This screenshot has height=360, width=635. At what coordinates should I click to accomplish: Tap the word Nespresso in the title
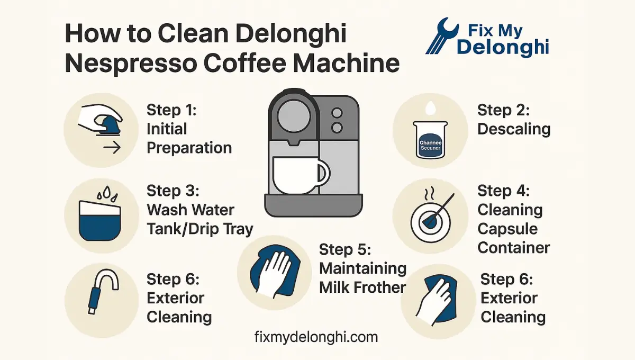pyautogui.click(x=129, y=64)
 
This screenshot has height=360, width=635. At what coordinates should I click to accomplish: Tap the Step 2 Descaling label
pyautogui.click(x=514, y=120)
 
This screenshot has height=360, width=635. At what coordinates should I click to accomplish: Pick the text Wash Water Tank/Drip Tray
pyautogui.click(x=199, y=219)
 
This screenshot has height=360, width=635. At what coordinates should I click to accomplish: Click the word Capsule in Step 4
pyautogui.click(x=507, y=229)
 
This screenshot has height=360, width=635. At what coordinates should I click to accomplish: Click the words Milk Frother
pyautogui.click(x=362, y=287)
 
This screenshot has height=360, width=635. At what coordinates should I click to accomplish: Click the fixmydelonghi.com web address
pyautogui.click(x=316, y=337)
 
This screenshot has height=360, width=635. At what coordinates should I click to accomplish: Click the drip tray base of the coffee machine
pyautogui.click(x=313, y=205)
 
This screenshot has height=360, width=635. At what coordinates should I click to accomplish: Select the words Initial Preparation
pyautogui.click(x=189, y=138)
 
